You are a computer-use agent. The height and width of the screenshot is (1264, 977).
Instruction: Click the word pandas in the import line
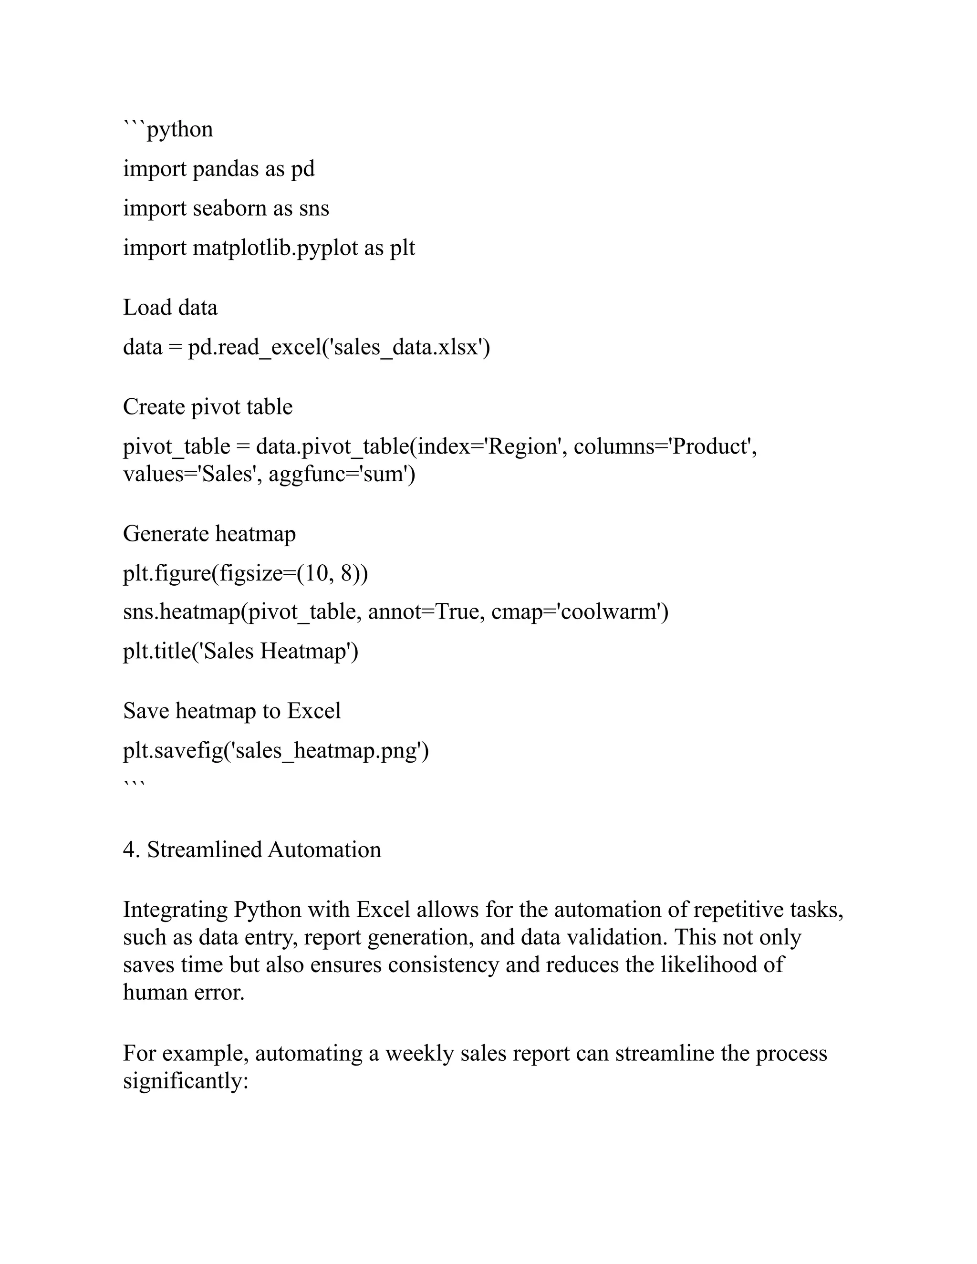pos(225,169)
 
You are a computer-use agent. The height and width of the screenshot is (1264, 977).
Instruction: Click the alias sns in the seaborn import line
pos(314,208)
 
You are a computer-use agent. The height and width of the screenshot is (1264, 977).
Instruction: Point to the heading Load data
pos(170,307)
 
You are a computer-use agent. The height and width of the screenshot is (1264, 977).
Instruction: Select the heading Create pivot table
pos(208,407)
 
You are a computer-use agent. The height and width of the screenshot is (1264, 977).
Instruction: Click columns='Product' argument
pos(665,447)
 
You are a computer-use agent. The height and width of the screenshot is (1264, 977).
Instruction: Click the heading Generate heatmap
pos(209,534)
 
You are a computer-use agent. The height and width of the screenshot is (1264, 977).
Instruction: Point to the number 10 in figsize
pos(316,573)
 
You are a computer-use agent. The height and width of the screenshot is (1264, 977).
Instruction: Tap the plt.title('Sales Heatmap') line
pos(241,652)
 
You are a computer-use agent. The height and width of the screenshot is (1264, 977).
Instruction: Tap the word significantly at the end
pos(185,1081)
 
